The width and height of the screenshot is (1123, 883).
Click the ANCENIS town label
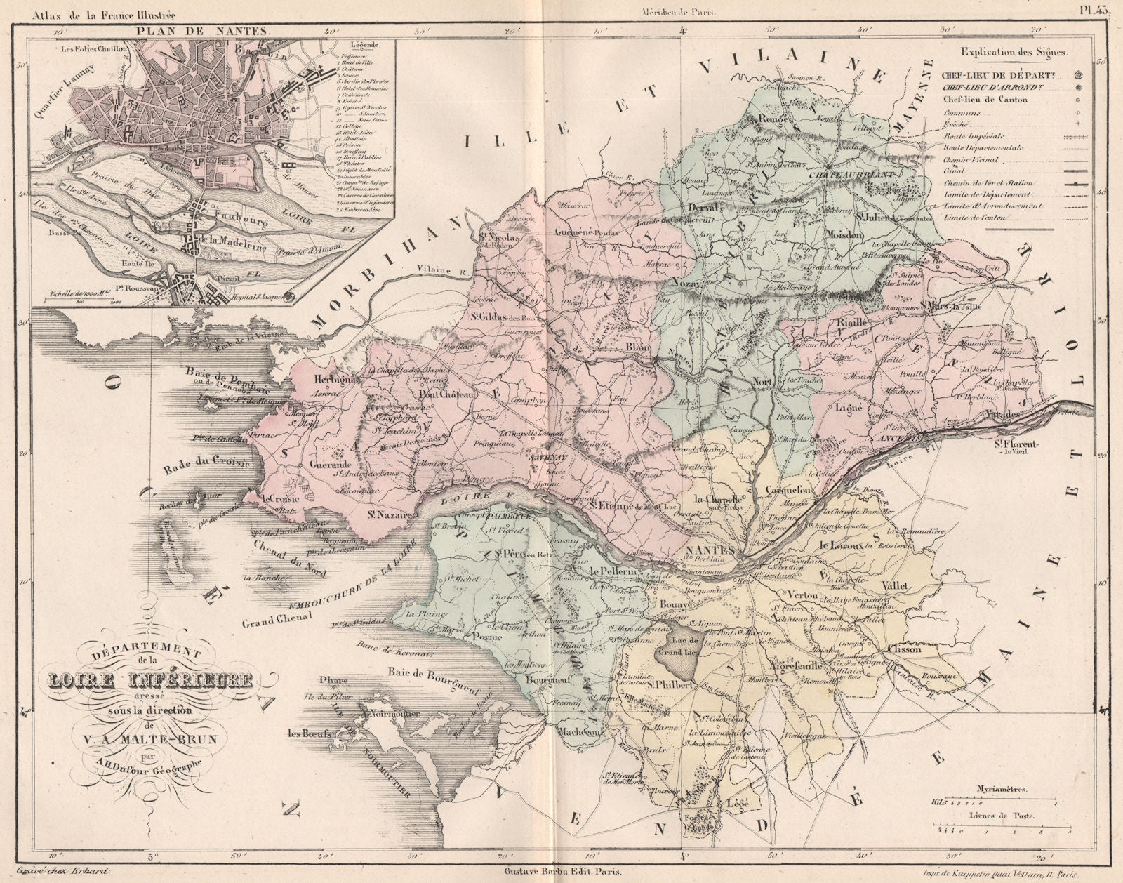[891, 437]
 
